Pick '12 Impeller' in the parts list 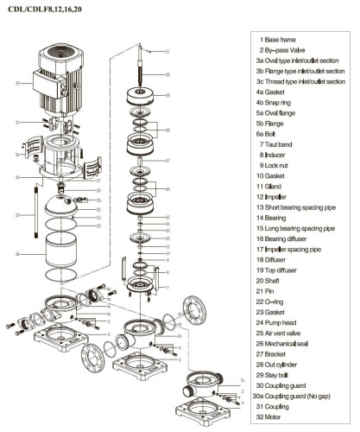pyautogui.click(x=279, y=196)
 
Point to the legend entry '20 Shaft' pyautogui.click(x=277, y=279)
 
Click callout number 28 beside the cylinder pyautogui.click(x=17, y=254)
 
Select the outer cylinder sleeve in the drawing pyautogui.click(x=59, y=254)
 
